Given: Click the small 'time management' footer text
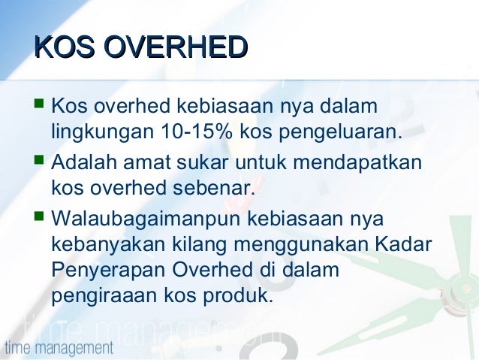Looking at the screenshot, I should tap(59, 348).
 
